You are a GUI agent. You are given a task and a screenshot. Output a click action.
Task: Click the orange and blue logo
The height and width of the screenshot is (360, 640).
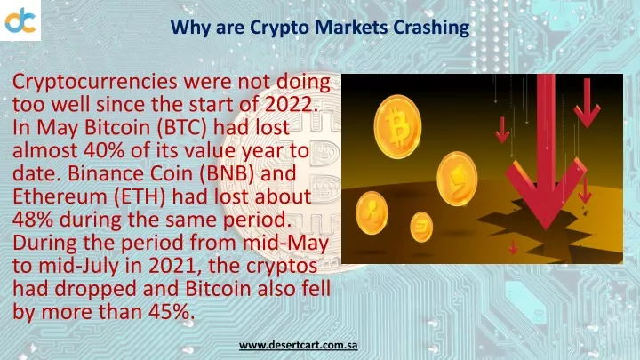pos(20,20)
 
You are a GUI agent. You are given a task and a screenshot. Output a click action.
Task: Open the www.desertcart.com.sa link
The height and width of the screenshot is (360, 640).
pos(299,345)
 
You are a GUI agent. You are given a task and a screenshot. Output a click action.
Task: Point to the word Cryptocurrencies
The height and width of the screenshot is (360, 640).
pos(95,83)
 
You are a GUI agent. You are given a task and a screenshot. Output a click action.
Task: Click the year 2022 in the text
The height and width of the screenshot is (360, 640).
pos(292,104)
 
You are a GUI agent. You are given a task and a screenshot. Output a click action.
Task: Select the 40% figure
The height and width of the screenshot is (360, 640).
pos(104,150)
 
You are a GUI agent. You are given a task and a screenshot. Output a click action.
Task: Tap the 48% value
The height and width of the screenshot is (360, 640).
pos(33,220)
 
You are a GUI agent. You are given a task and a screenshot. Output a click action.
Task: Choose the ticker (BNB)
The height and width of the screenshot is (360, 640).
pos(227,173)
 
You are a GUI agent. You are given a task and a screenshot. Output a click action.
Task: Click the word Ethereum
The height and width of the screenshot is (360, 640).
pos(58,196)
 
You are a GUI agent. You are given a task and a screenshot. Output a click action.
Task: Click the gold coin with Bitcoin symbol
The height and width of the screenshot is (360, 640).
pos(397,127)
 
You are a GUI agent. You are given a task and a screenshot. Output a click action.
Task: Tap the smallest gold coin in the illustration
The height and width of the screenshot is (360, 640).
pos(421,227)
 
